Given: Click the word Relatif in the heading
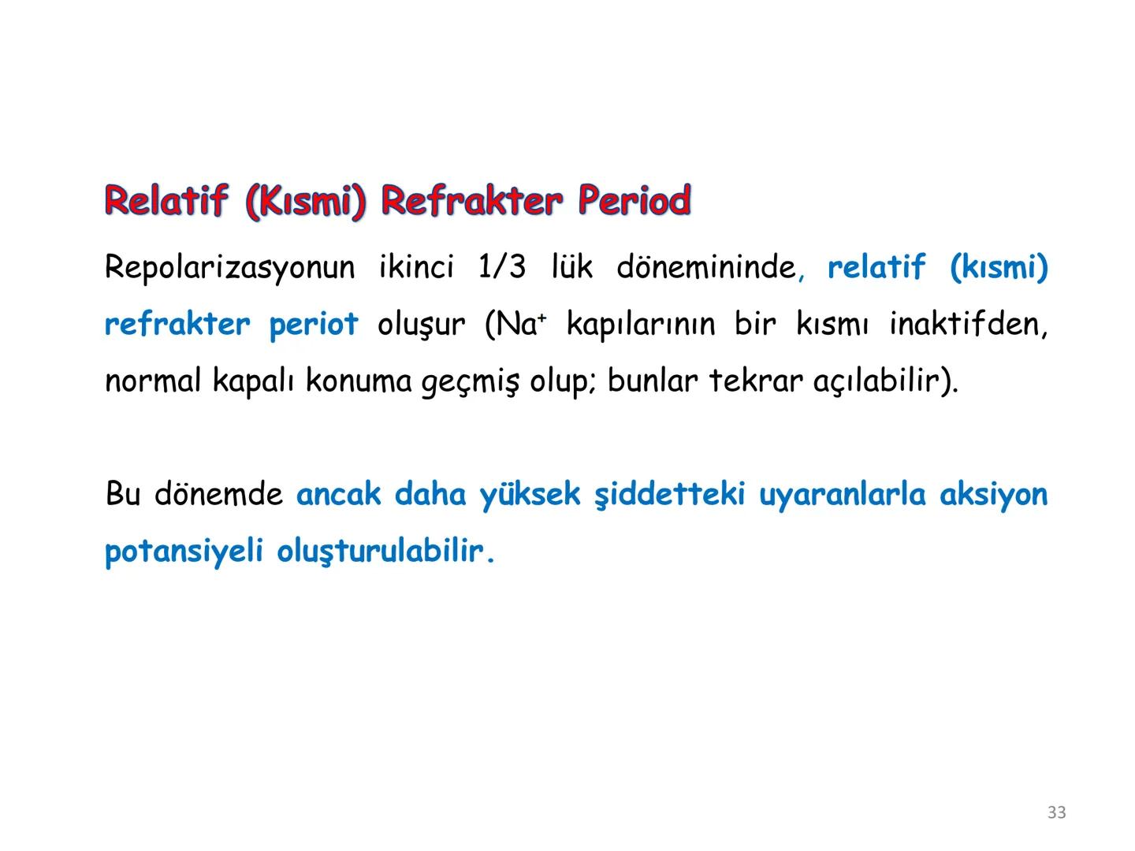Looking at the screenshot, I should [166, 201].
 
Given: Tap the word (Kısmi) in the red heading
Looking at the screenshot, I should [306, 203].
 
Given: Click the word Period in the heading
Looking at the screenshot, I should [634, 201].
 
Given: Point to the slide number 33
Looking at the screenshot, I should [1057, 812].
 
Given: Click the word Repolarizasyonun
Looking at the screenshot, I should [229, 269].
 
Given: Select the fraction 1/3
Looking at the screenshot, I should [501, 267].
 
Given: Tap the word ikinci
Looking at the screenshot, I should [416, 267].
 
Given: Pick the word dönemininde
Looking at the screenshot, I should [706, 267].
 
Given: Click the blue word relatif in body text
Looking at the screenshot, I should [876, 267].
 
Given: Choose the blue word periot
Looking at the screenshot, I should [313, 325].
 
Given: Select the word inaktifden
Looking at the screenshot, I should [967, 325].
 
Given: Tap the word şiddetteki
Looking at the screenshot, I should [669, 495].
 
